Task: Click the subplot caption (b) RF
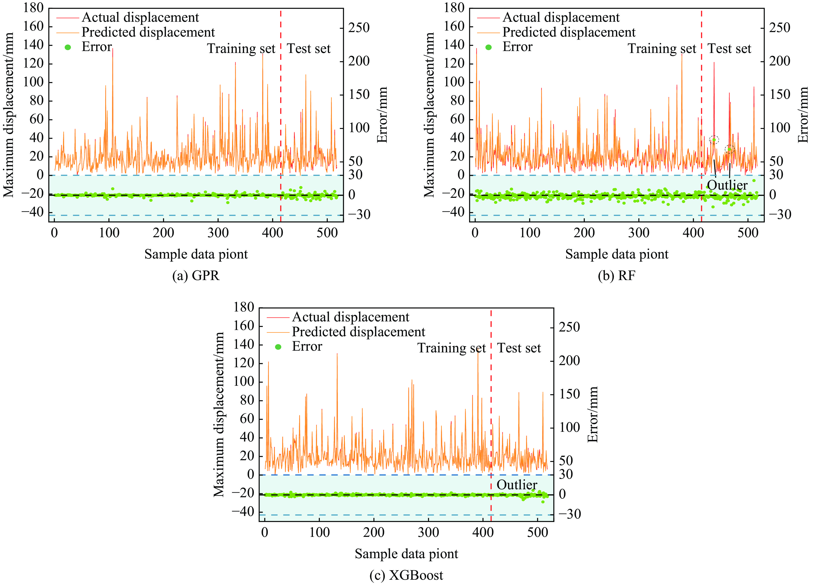point(617,276)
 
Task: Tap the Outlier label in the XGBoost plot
point(517,485)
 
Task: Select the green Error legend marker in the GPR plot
point(68,47)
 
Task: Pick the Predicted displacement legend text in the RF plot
point(569,32)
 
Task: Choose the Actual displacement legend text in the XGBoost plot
point(351,317)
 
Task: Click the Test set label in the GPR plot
point(309,48)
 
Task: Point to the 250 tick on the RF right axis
point(779,27)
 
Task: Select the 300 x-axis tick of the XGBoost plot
point(428,532)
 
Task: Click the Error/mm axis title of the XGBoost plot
point(593,414)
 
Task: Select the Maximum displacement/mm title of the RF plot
point(429,115)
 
